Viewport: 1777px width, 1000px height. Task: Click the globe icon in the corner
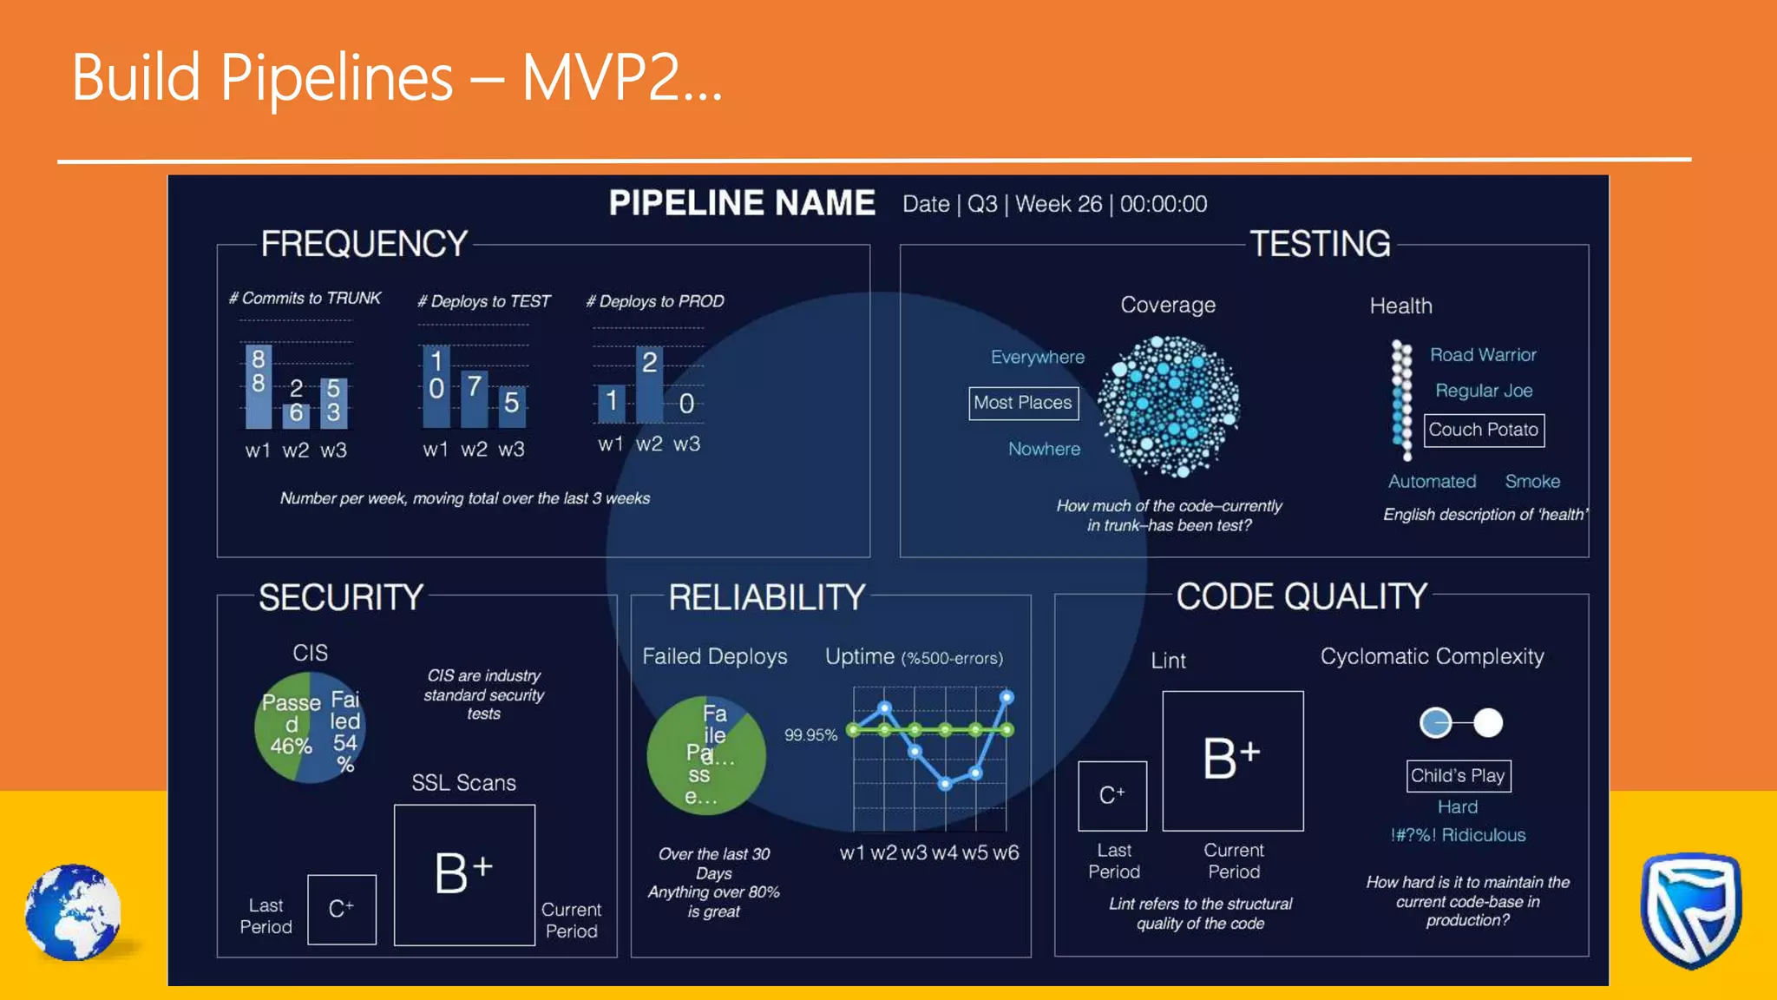pyautogui.click(x=74, y=912)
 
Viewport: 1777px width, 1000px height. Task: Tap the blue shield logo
pyautogui.click(x=1690, y=909)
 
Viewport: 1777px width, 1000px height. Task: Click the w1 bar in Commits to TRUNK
pyautogui.click(x=259, y=385)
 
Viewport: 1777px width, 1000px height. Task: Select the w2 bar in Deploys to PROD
pyautogui.click(x=649, y=385)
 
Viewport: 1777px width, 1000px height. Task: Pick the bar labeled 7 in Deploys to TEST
pyautogui.click(x=474, y=398)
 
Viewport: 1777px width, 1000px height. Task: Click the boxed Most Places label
pyautogui.click(x=1023, y=403)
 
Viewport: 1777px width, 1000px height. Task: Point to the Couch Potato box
pyautogui.click(x=1484, y=430)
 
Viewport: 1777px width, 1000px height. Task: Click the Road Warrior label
pyautogui.click(x=1483, y=355)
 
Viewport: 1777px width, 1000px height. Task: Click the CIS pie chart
pyautogui.click(x=310, y=727)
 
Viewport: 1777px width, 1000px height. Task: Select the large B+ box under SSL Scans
pyautogui.click(x=464, y=874)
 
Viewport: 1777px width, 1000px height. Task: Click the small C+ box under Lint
pyautogui.click(x=1111, y=795)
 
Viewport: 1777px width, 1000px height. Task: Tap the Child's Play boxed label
pyautogui.click(x=1458, y=775)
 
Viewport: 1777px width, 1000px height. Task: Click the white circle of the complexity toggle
pyautogui.click(x=1488, y=722)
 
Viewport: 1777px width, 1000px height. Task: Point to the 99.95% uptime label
pyautogui.click(x=810, y=735)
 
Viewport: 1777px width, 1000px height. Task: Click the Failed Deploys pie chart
pyautogui.click(x=706, y=754)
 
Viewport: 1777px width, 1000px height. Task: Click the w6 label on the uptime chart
pyautogui.click(x=1006, y=852)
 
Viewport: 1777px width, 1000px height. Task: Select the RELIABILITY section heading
pyautogui.click(x=767, y=597)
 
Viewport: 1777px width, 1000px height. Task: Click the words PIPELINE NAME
pyautogui.click(x=742, y=203)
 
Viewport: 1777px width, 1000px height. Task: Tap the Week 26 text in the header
pyautogui.click(x=1059, y=204)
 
